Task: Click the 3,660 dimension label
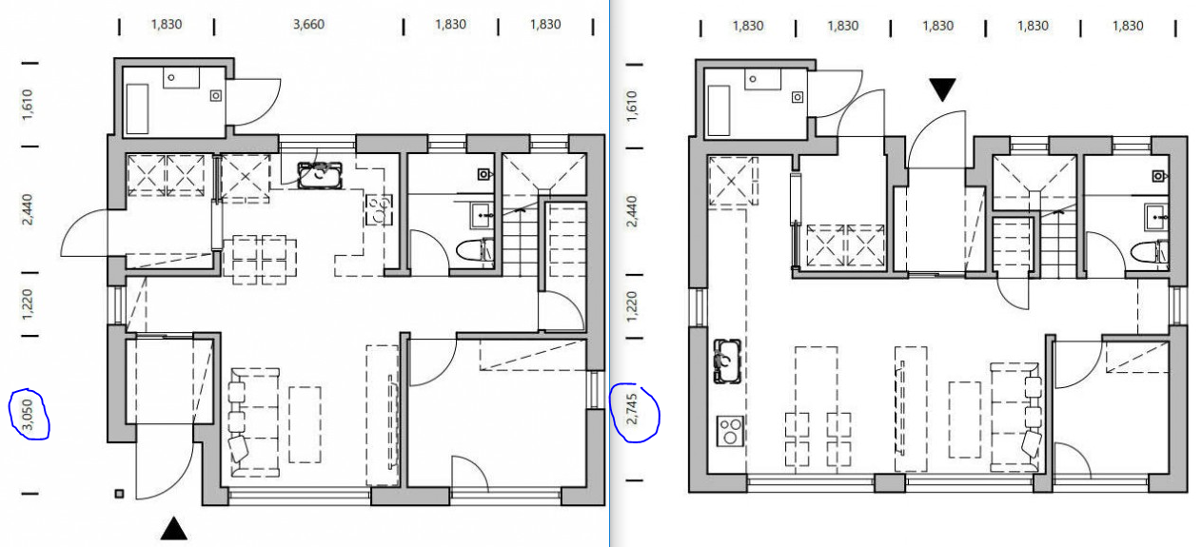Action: click(x=308, y=25)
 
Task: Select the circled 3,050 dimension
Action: click(x=29, y=415)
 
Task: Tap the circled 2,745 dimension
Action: click(x=632, y=409)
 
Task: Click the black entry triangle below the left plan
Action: click(x=174, y=528)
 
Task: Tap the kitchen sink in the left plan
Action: click(x=320, y=175)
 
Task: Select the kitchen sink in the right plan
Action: click(x=727, y=361)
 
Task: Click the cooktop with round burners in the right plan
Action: click(x=730, y=432)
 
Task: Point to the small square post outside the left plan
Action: click(x=119, y=494)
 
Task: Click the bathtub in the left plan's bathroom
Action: click(x=137, y=108)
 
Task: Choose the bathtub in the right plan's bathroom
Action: click(x=719, y=110)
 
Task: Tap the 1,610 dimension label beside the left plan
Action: click(x=28, y=105)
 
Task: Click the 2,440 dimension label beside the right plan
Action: click(x=632, y=211)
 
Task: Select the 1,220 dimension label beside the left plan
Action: click(x=28, y=304)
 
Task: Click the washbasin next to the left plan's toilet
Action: click(x=482, y=216)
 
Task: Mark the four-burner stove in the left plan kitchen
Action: click(x=379, y=209)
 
